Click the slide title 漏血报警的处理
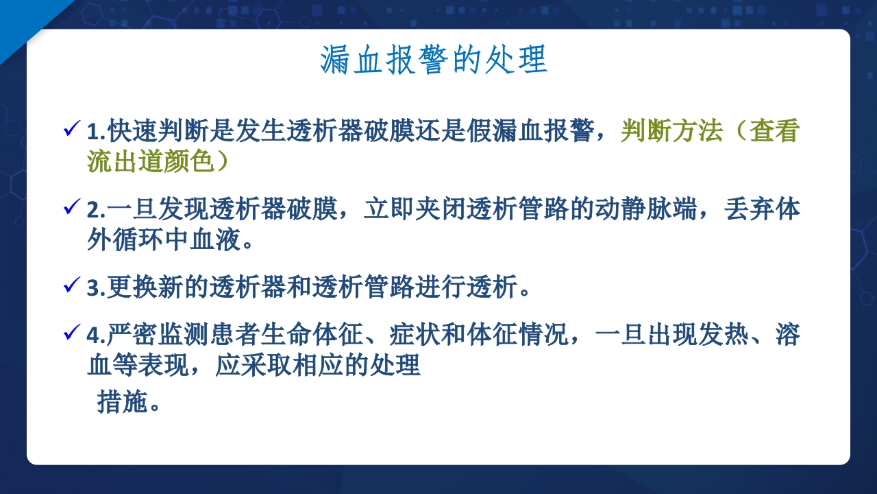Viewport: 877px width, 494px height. (x=434, y=60)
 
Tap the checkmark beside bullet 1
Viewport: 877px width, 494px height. (x=71, y=129)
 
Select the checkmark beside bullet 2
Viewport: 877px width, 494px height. (x=71, y=208)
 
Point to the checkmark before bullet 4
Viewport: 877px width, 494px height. (x=71, y=334)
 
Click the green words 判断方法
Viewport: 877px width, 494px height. (x=671, y=130)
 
